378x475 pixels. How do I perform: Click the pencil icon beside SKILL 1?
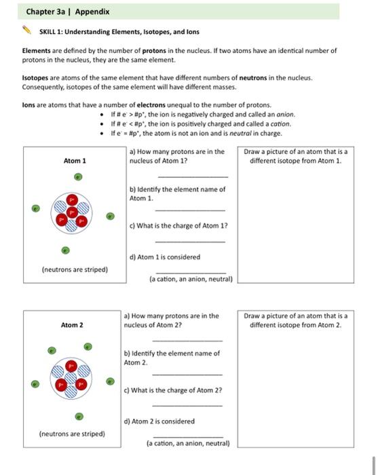(27, 31)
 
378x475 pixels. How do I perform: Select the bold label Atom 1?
(75, 161)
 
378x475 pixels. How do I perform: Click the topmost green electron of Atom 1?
(78, 176)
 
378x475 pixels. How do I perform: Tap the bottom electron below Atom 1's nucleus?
(65, 250)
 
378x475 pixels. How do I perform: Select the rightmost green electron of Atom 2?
(111, 381)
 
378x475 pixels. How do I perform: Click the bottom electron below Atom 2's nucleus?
(79, 416)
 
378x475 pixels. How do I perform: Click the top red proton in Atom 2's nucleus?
(71, 366)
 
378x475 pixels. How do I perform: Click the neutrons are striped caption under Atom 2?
(72, 434)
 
